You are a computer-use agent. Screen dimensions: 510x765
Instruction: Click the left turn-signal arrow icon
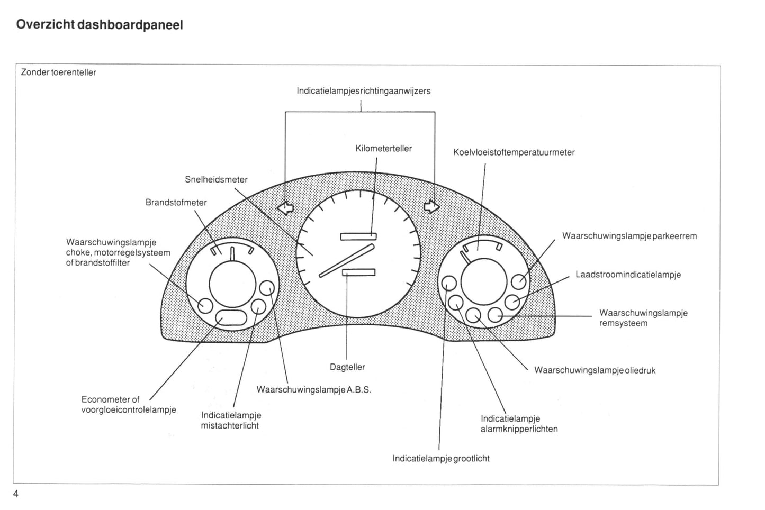pyautogui.click(x=286, y=207)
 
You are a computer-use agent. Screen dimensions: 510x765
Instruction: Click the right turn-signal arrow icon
pyautogui.click(x=431, y=206)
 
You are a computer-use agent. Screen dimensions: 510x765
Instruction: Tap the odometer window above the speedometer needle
pyautogui.click(x=358, y=236)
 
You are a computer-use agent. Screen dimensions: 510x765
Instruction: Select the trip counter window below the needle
pyautogui.click(x=358, y=272)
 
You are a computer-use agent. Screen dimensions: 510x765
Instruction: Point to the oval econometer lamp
pyautogui.click(x=231, y=317)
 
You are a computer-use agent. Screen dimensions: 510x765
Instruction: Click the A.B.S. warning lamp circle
pyautogui.click(x=268, y=287)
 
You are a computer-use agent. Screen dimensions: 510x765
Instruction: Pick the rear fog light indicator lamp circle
pyautogui.click(x=258, y=306)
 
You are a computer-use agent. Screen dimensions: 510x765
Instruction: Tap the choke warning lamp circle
pyautogui.click(x=205, y=305)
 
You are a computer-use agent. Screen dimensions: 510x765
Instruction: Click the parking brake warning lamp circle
pyautogui.click(x=519, y=281)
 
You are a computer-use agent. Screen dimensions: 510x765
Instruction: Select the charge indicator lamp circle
pyautogui.click(x=512, y=302)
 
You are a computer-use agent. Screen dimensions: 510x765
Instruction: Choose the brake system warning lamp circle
pyautogui.click(x=494, y=315)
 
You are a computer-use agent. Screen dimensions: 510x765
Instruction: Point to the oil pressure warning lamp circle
pyautogui.click(x=474, y=315)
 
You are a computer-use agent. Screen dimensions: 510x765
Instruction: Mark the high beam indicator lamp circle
pyautogui.click(x=449, y=283)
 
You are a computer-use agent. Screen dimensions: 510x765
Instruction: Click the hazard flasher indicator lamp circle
pyautogui.click(x=456, y=303)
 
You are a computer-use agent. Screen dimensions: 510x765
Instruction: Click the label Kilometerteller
pyautogui.click(x=383, y=149)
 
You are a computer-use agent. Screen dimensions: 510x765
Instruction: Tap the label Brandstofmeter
pyautogui.click(x=176, y=203)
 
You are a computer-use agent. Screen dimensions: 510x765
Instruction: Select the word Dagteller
pyautogui.click(x=347, y=367)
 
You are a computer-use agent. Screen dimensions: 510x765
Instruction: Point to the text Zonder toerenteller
pyautogui.click(x=58, y=72)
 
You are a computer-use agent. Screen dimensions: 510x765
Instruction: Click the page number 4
pyautogui.click(x=16, y=494)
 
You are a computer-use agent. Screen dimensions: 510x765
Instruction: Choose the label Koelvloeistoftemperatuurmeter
pyautogui.click(x=514, y=152)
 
